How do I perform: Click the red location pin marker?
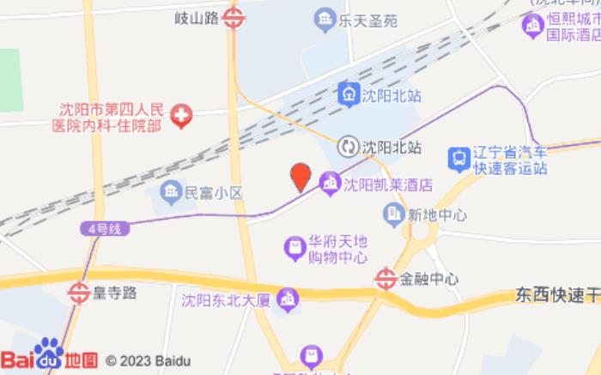[x=300, y=176]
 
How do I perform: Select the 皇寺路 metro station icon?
[x=80, y=293]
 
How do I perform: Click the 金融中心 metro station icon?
[x=386, y=278]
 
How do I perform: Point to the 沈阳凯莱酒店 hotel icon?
[x=330, y=183]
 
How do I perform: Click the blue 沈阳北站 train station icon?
[x=348, y=91]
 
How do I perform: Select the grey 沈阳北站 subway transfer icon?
[x=348, y=146]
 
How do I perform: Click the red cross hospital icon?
[x=181, y=117]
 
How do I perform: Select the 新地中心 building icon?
[x=394, y=214]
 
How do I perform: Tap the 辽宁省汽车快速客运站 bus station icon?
[x=459, y=159]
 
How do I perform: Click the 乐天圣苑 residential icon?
[x=324, y=17]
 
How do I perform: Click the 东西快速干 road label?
[x=557, y=294]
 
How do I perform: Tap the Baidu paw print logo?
[x=49, y=353]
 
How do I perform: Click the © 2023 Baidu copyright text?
[x=148, y=360]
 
